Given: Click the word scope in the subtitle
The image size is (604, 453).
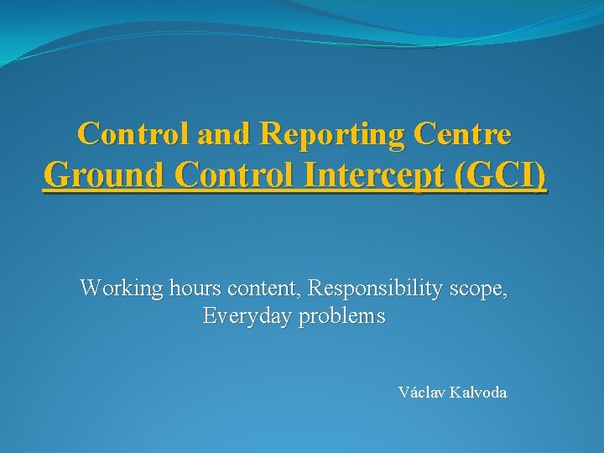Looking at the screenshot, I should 479,289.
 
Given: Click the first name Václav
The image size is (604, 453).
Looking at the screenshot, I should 422,392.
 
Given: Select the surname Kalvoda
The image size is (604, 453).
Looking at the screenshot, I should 478,392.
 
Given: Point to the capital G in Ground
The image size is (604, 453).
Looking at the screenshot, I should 55,176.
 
